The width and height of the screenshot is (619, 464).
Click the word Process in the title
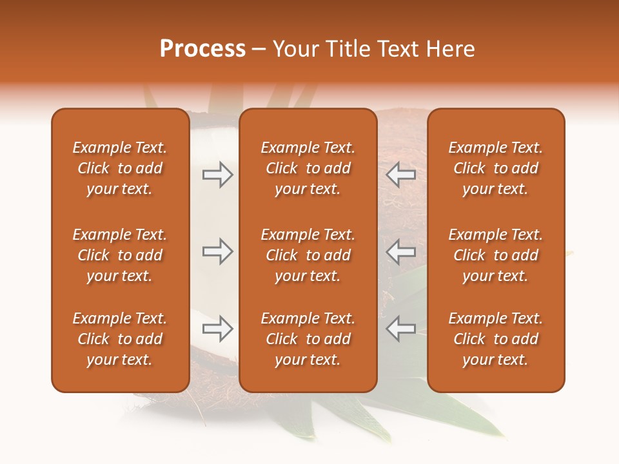tap(202, 49)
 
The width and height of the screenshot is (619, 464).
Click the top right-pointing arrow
tap(217, 175)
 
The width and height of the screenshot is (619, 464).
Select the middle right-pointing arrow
tap(217, 251)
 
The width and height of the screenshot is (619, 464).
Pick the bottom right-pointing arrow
tap(217, 329)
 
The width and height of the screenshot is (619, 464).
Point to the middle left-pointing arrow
tap(400, 251)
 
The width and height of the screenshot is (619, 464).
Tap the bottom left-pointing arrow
tap(400, 329)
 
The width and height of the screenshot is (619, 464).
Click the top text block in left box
tap(120, 168)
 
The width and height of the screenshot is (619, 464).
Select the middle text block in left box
tap(120, 255)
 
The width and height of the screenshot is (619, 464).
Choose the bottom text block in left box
tap(120, 339)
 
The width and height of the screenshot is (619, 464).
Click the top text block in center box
tap(308, 168)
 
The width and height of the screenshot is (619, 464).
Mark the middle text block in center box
tap(308, 255)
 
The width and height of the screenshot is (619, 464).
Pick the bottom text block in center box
tap(308, 339)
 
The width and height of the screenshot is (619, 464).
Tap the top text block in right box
tap(495, 168)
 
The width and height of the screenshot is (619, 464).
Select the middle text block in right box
tap(495, 255)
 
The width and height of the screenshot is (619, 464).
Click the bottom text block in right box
tap(495, 339)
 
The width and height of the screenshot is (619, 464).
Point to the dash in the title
tap(259, 50)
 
